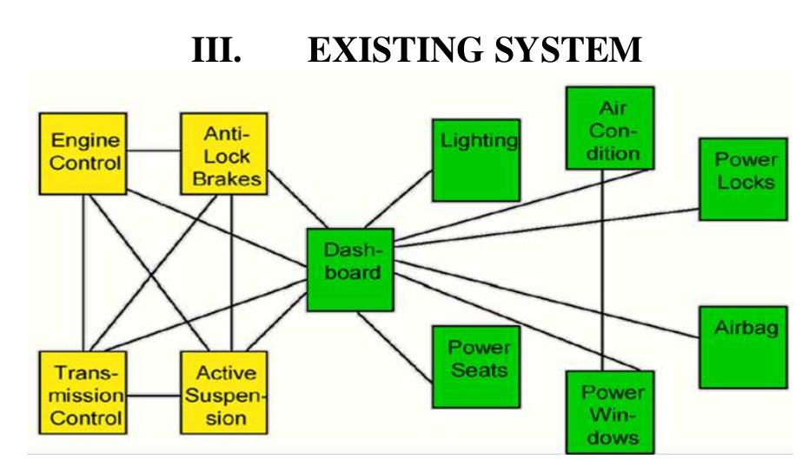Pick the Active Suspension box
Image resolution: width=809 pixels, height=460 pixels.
222,391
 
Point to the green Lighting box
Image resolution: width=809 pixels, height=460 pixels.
476,157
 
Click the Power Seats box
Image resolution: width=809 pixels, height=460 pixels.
476,365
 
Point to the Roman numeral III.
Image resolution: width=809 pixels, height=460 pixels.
215,50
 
